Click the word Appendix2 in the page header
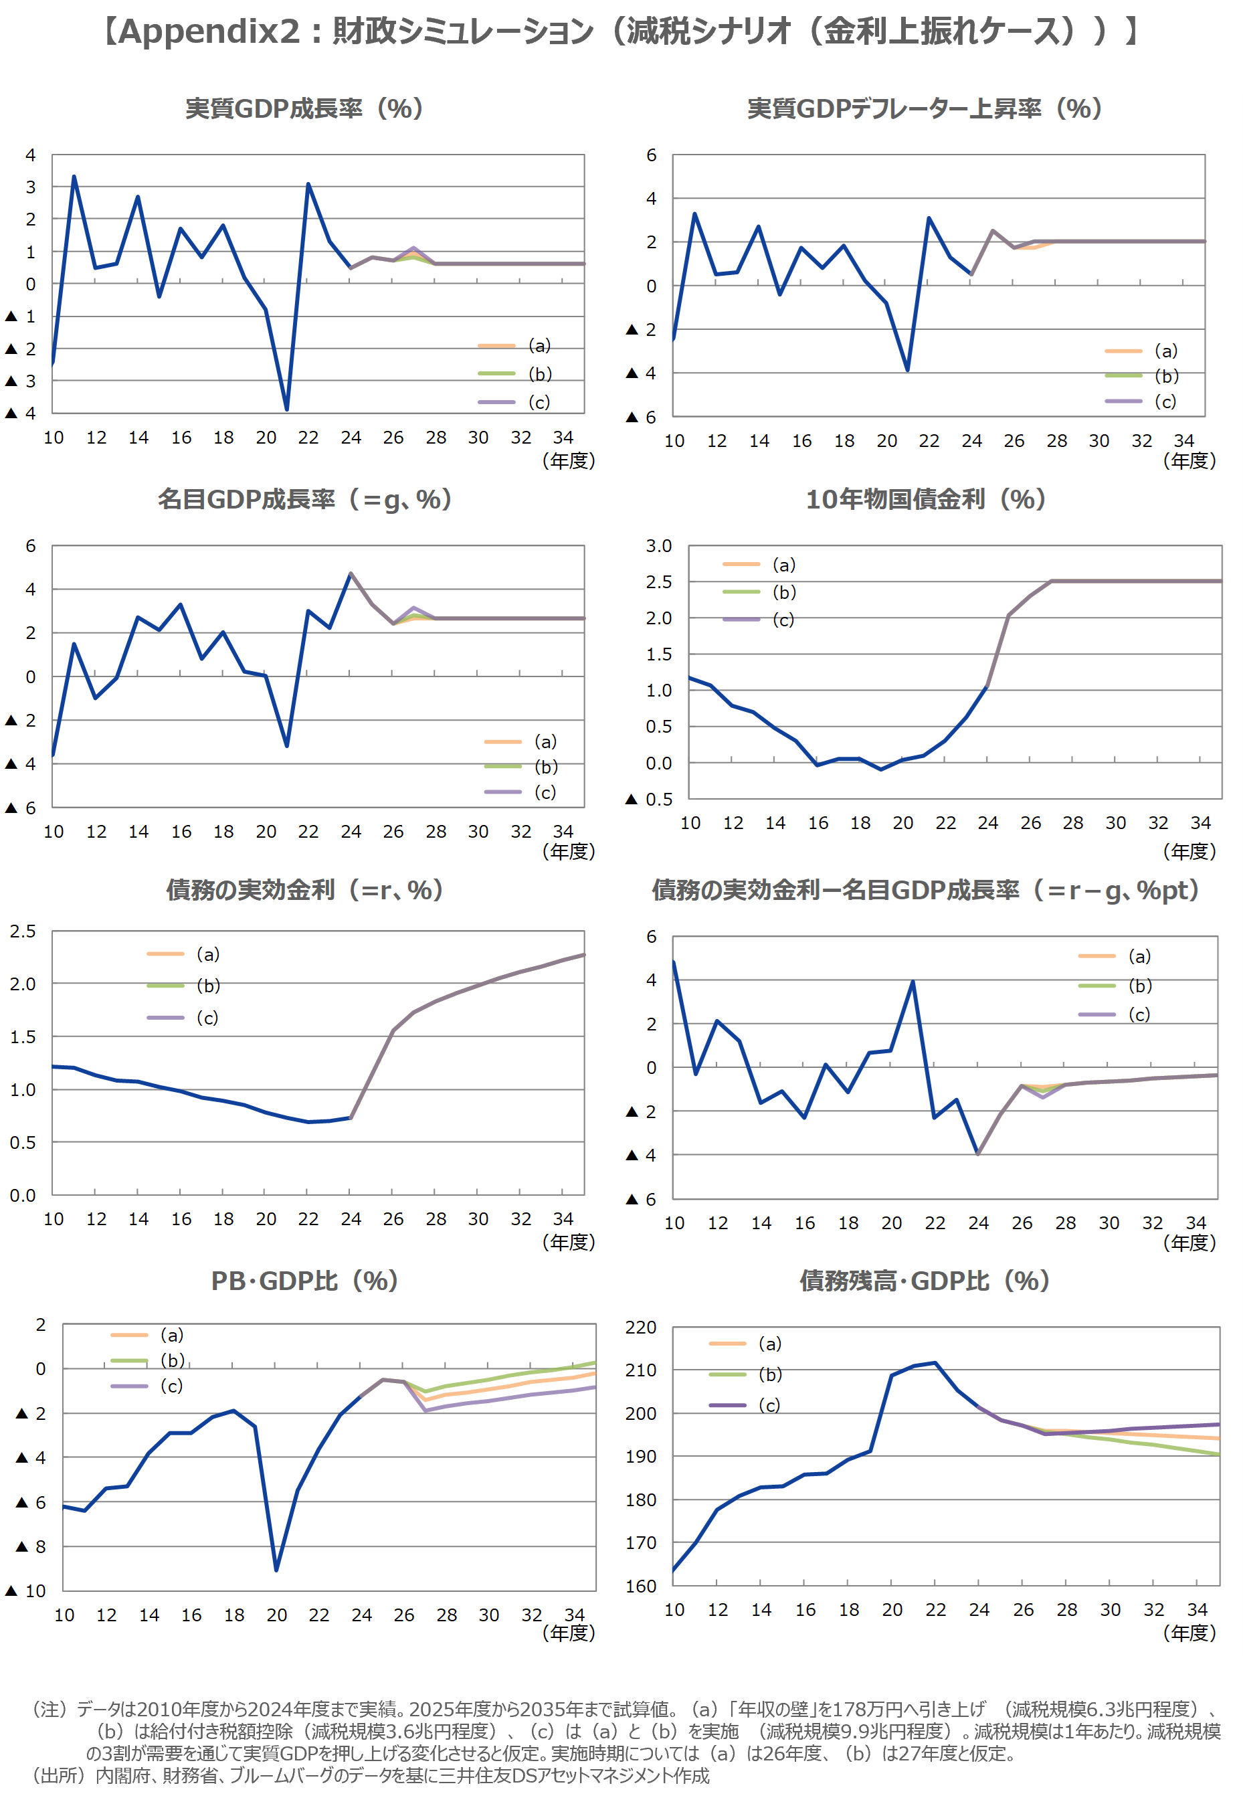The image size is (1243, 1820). pos(209,31)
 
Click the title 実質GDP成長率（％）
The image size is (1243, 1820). pos(304,109)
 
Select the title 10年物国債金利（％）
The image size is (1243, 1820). pos(925,500)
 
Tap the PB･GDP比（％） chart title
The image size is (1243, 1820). pos(304,1281)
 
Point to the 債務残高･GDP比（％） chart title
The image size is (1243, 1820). pos(924,1281)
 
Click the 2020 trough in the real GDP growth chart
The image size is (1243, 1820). pos(286,409)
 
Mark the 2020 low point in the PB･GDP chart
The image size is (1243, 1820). pos(276,1569)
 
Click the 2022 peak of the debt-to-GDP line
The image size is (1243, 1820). pos(935,1362)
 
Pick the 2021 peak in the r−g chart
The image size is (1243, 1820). pos(913,982)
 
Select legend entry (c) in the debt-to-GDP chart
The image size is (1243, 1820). pos(769,1405)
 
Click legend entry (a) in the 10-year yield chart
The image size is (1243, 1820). pos(783,565)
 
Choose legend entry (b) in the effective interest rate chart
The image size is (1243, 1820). pos(207,985)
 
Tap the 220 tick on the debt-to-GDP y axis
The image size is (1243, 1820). pos(641,1328)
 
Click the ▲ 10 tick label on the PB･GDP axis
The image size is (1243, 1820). pos(26,1590)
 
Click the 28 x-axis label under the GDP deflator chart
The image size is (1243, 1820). pos(1056,441)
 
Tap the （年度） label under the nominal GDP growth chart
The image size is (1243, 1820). pos(569,850)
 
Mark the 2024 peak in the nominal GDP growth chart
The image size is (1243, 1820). pos(351,573)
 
